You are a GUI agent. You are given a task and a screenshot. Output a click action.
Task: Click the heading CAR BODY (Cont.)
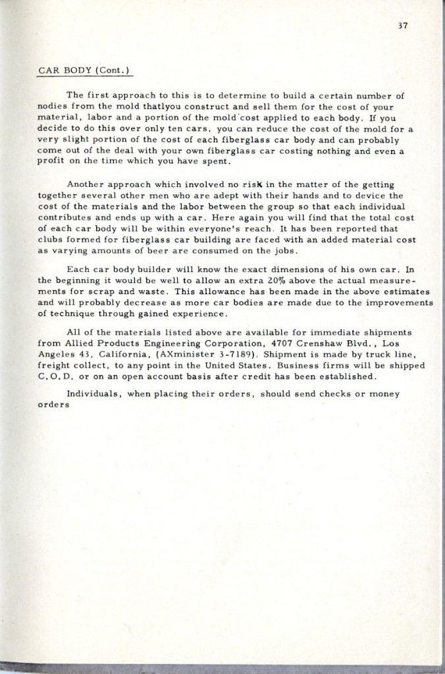click(82, 69)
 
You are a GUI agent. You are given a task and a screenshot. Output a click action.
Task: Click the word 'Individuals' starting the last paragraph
click(93, 394)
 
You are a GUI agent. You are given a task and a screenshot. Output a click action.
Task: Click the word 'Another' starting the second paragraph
click(86, 185)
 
